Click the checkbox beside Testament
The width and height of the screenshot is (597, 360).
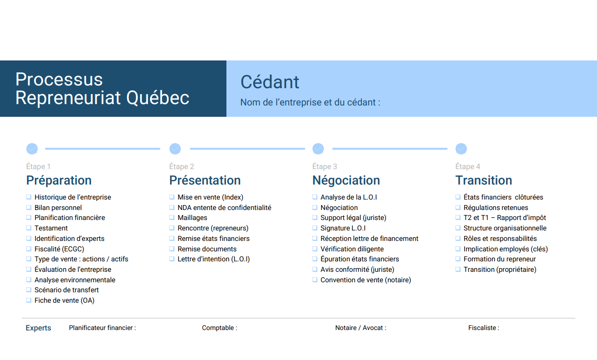click(29, 228)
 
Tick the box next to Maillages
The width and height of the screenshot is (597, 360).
click(172, 217)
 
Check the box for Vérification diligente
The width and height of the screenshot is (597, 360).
click(315, 249)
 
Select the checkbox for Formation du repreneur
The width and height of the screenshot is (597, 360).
click(458, 259)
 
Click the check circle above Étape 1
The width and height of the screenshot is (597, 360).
click(32, 149)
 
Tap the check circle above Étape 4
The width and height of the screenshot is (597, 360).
click(461, 149)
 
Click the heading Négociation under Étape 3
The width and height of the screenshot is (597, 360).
click(346, 180)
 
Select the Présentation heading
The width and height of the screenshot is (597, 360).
click(205, 180)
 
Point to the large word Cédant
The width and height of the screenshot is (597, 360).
click(270, 82)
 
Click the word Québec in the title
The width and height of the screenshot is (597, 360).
click(157, 98)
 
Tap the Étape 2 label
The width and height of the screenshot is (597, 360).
click(181, 166)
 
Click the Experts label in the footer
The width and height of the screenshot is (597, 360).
click(38, 328)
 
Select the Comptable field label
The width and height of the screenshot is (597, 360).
click(220, 328)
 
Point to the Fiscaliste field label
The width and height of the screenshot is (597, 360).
click(484, 328)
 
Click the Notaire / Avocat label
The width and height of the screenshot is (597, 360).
click(361, 328)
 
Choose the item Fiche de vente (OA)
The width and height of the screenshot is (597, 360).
click(65, 300)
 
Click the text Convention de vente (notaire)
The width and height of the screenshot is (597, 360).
click(366, 280)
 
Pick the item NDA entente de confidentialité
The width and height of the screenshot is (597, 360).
click(225, 208)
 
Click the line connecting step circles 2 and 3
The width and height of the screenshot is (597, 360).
click(247, 149)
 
